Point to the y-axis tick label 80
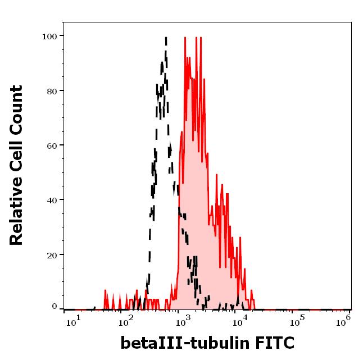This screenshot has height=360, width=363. (51, 91)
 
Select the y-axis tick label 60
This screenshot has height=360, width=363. (51, 145)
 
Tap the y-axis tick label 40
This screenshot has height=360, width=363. (51, 200)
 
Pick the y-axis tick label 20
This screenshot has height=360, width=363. (51, 254)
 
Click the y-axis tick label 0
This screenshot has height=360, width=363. (55, 307)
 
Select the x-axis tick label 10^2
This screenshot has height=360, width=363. (127, 321)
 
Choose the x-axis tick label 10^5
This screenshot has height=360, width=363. (297, 321)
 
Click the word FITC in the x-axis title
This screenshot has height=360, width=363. (273, 343)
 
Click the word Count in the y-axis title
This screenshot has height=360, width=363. (17, 110)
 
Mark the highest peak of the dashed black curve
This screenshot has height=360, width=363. (166, 38)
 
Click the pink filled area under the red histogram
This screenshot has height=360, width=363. (197, 225)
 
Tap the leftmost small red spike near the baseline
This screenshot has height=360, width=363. (105, 293)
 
